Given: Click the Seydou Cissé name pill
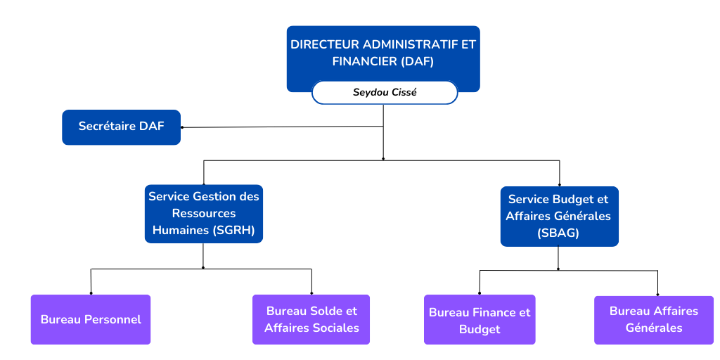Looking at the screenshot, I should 384,92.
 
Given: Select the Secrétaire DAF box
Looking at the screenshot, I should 121,127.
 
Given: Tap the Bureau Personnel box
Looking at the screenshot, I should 91,319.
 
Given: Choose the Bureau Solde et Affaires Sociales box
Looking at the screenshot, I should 311,319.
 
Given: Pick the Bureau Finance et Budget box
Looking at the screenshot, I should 480,320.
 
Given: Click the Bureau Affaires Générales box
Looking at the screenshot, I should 653,320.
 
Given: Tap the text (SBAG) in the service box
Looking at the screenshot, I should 559,233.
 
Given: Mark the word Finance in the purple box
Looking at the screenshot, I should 491,312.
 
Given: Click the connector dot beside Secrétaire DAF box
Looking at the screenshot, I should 181,127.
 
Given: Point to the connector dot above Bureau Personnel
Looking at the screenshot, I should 91,293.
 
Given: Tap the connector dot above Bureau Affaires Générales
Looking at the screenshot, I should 657,294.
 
